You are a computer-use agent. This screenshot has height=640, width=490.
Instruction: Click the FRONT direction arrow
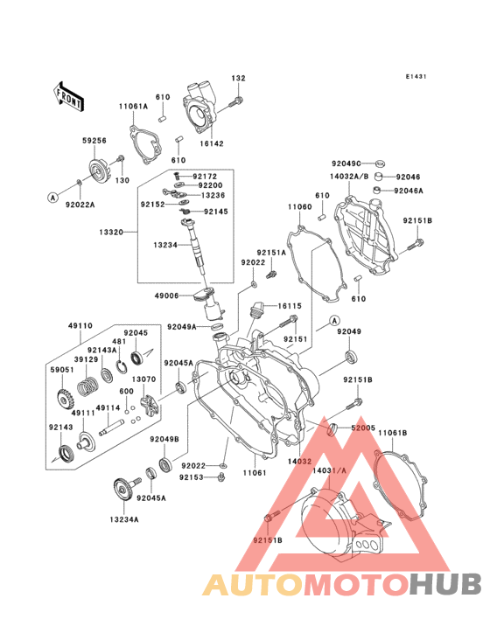69,94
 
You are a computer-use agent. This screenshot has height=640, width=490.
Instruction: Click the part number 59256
94,139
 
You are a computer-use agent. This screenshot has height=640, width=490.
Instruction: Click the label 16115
290,307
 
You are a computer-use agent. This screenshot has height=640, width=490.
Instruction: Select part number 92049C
346,163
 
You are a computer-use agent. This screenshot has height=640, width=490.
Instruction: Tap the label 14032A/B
349,177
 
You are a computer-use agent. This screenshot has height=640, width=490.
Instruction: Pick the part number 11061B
393,433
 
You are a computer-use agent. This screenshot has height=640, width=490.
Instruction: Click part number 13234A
124,518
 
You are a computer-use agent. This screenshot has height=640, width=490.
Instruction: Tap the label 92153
192,477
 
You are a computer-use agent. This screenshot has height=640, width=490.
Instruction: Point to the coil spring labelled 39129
87,382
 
